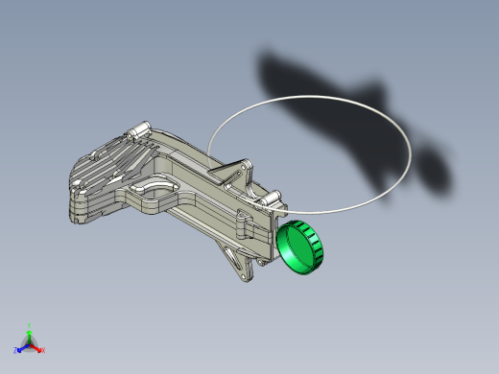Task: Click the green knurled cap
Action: (x=301, y=247)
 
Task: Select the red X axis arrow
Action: (x=36, y=347)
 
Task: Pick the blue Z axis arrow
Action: (x=21, y=347)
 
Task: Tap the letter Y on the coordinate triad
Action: (x=29, y=326)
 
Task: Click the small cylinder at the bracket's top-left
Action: (x=141, y=129)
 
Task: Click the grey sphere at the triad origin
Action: (x=29, y=342)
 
